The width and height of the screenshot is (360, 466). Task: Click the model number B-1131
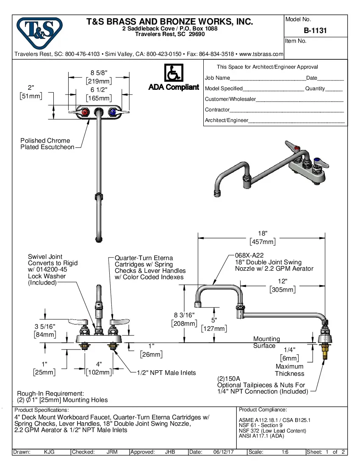click(x=315, y=31)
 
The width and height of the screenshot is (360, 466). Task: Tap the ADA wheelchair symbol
click(x=173, y=72)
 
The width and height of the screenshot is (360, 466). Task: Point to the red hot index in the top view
click(x=85, y=112)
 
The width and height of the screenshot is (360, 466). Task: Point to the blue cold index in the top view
click(x=113, y=112)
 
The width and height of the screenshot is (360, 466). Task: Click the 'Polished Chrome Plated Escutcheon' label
click(x=45, y=144)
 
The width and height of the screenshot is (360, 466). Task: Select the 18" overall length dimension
click(x=263, y=234)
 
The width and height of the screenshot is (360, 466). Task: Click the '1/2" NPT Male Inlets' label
click(x=166, y=373)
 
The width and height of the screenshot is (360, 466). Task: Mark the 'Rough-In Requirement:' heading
click(x=50, y=394)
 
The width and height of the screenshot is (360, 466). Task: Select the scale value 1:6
click(x=285, y=452)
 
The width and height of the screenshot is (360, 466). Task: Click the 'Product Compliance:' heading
click(x=263, y=410)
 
